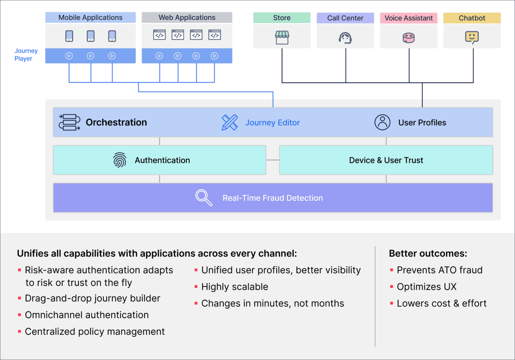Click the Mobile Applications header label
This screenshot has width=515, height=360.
point(90,17)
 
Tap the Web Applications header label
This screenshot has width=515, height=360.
point(187,17)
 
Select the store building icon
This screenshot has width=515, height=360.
point(282,38)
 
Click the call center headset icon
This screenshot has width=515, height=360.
point(345,38)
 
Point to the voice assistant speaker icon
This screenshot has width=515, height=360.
point(409,38)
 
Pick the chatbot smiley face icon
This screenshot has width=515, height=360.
point(472,37)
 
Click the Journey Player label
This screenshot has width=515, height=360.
point(26,55)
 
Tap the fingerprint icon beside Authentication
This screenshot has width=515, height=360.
point(120,160)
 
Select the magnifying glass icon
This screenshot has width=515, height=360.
point(204,198)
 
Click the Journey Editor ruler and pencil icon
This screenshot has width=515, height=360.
point(230,122)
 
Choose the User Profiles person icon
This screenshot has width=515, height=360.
point(382,122)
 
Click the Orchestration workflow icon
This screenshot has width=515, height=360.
point(69,122)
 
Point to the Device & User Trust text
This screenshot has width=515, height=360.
point(386,160)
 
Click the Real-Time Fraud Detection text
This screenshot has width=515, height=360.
point(273,198)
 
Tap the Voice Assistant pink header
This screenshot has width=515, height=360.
point(408,18)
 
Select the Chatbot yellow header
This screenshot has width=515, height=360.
point(472,18)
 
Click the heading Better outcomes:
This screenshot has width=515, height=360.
point(428,253)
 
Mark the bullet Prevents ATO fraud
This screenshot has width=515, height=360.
point(439,270)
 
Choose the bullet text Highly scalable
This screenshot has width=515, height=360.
point(235,287)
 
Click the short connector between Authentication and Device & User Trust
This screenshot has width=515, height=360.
point(273,160)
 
